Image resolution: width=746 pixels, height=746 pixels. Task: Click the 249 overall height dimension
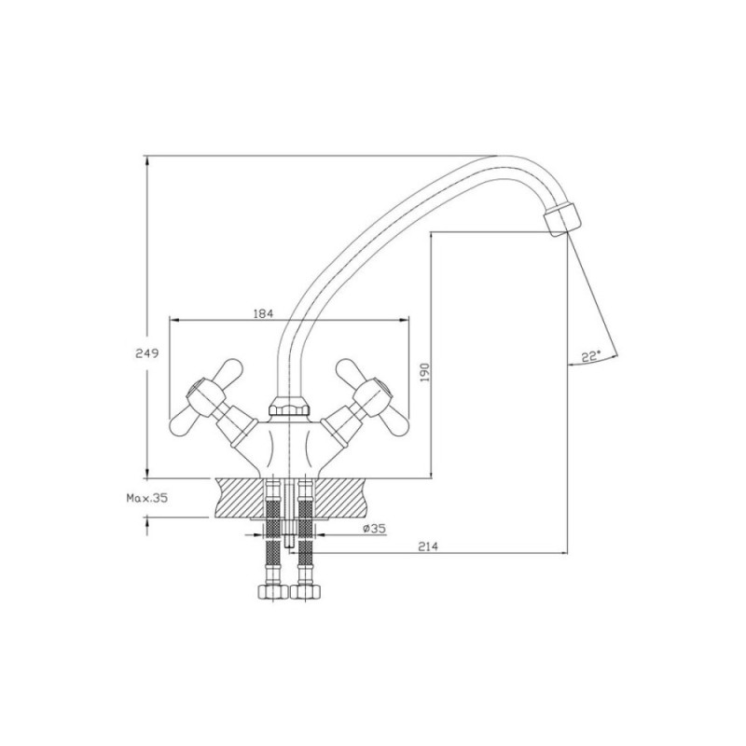click(146, 353)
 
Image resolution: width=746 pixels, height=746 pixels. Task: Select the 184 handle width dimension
click(263, 313)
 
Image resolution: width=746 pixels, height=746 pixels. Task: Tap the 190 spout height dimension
click(425, 372)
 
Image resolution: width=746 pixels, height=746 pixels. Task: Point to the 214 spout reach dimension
click(428, 546)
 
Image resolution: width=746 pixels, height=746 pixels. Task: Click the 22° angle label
click(591, 356)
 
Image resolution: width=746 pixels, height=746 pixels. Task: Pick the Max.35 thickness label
click(147, 498)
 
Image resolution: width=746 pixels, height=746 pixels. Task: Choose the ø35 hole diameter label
click(374, 528)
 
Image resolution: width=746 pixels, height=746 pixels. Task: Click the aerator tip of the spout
click(562, 218)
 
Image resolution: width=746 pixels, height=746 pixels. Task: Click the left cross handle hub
click(205, 394)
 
